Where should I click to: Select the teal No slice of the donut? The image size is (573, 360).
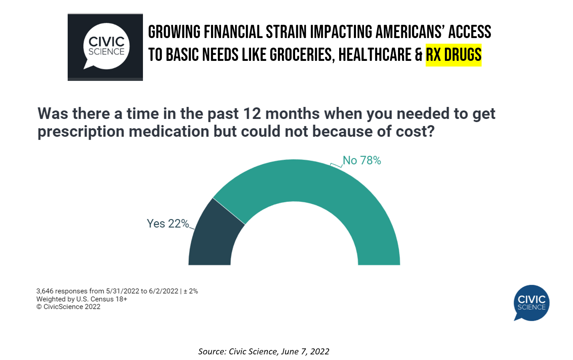point(320,184)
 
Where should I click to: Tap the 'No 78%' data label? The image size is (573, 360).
point(362,161)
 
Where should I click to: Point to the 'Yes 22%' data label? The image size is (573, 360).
point(168,223)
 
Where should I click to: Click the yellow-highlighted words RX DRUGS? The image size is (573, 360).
point(453,55)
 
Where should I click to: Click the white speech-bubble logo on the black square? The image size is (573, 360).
point(106,46)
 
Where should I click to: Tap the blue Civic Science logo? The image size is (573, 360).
point(531,303)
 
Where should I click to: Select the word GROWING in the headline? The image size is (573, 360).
point(174,32)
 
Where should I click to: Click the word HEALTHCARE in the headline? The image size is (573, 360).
point(375,55)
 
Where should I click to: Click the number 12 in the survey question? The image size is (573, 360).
point(252,114)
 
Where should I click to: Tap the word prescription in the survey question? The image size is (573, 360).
point(81,132)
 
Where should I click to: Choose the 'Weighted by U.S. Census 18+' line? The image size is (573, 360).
point(82,299)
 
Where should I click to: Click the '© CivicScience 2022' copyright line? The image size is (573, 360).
point(68,307)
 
